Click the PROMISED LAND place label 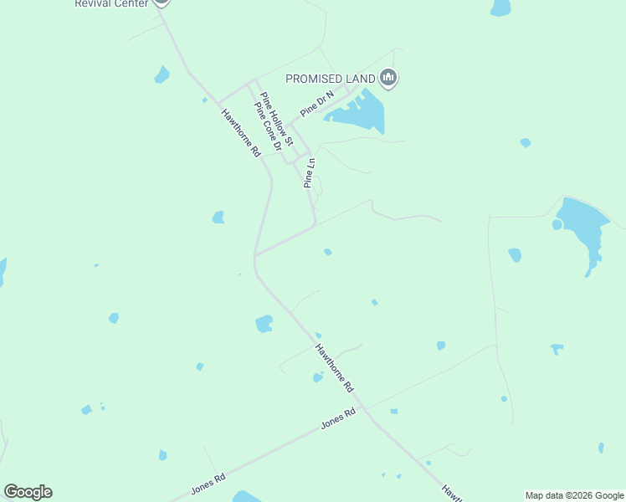(331, 79)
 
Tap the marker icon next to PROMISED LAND (387, 79)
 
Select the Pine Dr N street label (317, 103)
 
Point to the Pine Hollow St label (276, 115)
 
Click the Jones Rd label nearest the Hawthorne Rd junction (339, 419)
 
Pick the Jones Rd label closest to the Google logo (208, 484)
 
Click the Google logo (28, 492)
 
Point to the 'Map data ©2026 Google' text (574, 495)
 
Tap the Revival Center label (111, 3)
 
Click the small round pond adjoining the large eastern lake (557, 224)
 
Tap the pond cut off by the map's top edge (500, 7)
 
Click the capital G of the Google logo (11, 492)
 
